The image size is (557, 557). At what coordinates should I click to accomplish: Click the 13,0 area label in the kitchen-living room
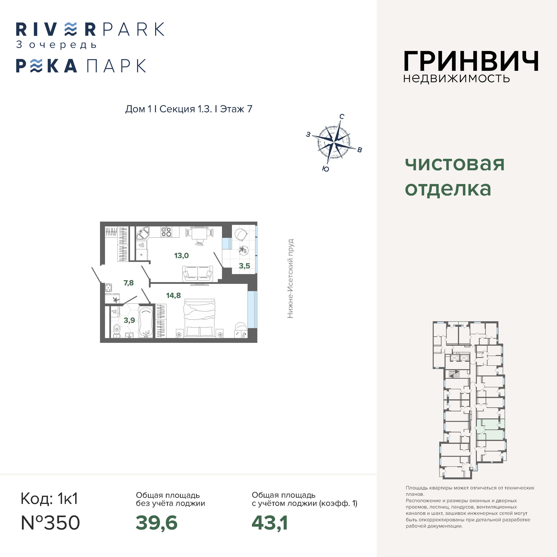pyautogui.click(x=181, y=255)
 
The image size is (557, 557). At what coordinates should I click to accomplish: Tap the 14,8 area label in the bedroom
pyautogui.click(x=174, y=295)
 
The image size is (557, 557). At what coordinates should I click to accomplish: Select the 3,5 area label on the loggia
pyautogui.click(x=245, y=266)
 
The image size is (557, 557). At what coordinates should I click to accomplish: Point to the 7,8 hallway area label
pyautogui.click(x=129, y=283)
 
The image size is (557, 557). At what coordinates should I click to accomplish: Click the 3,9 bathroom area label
pyautogui.click(x=129, y=320)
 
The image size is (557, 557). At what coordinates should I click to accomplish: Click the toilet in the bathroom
pyautogui.click(x=116, y=330)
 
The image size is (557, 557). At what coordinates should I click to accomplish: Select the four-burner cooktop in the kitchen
pyautogui.click(x=166, y=232)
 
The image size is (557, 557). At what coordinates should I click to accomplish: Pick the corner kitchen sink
pyautogui.click(x=142, y=233)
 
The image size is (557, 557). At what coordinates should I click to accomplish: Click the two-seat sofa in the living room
pyautogui.click(x=198, y=274)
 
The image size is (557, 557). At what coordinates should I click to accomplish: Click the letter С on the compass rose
pyautogui.click(x=342, y=116)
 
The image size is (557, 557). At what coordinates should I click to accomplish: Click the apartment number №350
pyautogui.click(x=50, y=523)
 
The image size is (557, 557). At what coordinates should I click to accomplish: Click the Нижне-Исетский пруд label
pyautogui.click(x=290, y=278)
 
